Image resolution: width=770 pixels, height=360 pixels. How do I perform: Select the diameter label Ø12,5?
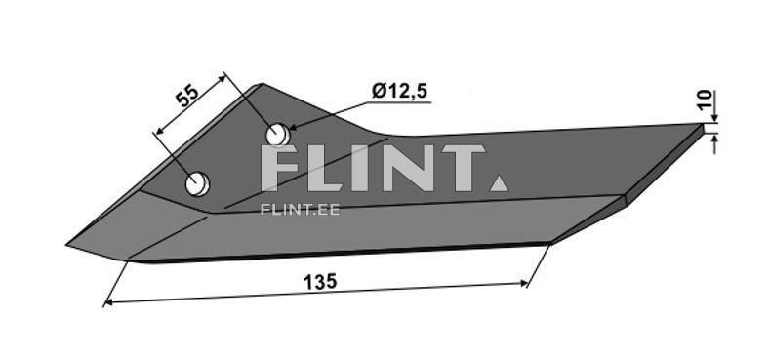pyautogui.click(x=400, y=92)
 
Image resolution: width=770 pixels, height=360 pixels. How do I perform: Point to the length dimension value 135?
pyautogui.click(x=319, y=281)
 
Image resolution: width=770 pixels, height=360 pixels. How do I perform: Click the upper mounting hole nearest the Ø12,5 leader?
pyautogui.click(x=277, y=133)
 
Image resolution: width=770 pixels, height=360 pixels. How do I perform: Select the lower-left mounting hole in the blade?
pyautogui.click(x=198, y=182)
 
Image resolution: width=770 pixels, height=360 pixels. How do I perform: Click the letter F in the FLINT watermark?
pyautogui.click(x=284, y=169)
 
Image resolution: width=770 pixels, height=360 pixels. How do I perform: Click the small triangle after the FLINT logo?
pyautogui.click(x=498, y=182)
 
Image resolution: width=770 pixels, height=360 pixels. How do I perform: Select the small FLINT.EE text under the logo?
pyautogui.click(x=300, y=208)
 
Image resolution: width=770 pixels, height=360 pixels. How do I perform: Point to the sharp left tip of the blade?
pyautogui.click(x=68, y=244)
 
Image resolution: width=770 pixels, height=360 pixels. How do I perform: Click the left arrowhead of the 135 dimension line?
pyautogui.click(x=106, y=303)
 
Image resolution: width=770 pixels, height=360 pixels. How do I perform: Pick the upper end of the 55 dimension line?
pyautogui.click(x=226, y=73)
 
